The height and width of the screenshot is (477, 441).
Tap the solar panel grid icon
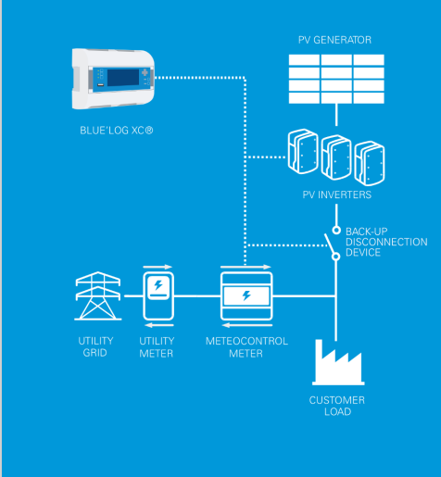336,80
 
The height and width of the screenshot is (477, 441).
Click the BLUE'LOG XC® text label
116,132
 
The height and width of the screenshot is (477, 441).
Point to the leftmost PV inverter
306,150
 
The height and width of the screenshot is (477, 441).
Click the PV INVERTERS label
336,195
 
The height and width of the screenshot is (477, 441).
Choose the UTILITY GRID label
95,347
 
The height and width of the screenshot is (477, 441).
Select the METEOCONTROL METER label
246,347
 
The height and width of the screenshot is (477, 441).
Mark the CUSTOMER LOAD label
336,407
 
